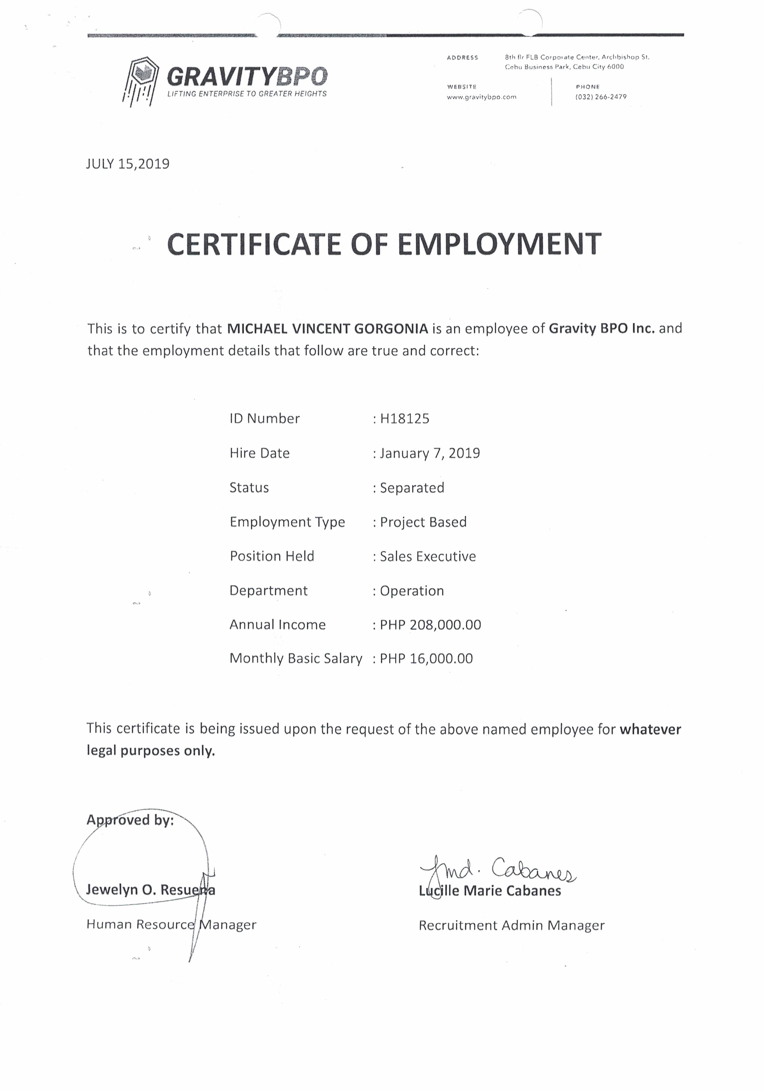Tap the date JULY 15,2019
(127, 164)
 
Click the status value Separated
(412, 488)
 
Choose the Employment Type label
(287, 522)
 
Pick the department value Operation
(411, 591)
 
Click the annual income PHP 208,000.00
(430, 625)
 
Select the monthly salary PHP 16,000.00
(426, 659)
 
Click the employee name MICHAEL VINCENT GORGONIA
(328, 328)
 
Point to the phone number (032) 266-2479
(601, 97)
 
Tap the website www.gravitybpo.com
(481, 97)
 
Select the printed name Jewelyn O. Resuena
(151, 889)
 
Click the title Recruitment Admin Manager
(511, 925)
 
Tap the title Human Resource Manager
(171, 924)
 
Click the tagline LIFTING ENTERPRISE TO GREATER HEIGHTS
(246, 94)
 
